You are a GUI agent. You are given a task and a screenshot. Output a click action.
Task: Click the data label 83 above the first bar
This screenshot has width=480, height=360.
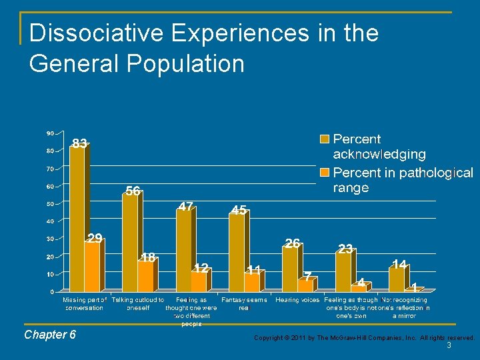79,143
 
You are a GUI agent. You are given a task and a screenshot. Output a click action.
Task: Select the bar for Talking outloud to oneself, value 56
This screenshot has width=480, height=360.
130,243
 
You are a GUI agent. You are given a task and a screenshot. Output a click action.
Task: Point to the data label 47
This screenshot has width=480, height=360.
186,207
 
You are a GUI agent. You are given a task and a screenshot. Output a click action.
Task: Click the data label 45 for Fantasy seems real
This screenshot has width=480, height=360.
239,210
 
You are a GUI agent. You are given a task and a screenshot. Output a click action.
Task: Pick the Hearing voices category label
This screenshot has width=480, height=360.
297,300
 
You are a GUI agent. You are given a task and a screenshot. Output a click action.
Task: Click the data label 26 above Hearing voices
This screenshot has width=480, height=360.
292,243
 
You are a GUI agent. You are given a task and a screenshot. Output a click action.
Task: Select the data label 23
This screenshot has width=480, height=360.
345,249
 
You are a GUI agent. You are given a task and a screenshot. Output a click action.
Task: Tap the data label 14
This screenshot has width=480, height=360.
399,265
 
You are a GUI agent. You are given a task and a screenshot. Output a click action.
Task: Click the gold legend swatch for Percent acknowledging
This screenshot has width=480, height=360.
325,139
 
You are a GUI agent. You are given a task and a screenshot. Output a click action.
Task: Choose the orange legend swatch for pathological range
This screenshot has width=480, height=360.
325,173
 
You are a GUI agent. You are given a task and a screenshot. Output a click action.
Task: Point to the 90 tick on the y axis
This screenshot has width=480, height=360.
50,133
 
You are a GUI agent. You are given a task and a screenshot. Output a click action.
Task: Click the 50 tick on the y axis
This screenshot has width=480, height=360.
50,203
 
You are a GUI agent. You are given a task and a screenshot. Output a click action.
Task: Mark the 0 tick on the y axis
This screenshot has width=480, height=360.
52,292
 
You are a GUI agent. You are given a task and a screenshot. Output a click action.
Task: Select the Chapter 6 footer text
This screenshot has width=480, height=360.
50,335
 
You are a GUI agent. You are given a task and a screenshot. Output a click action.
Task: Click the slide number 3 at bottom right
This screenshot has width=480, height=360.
449,346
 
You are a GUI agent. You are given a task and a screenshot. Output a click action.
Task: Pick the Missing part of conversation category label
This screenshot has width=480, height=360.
85,304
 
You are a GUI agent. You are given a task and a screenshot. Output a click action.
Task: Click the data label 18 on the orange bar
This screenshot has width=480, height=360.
149,257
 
